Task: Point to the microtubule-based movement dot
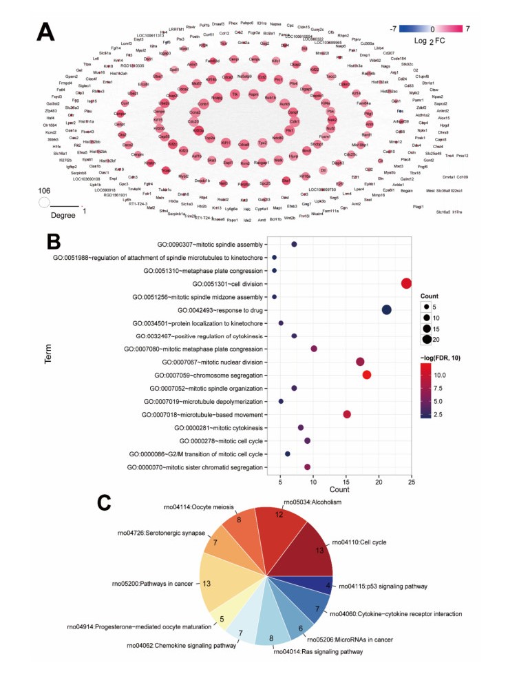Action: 347,414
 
